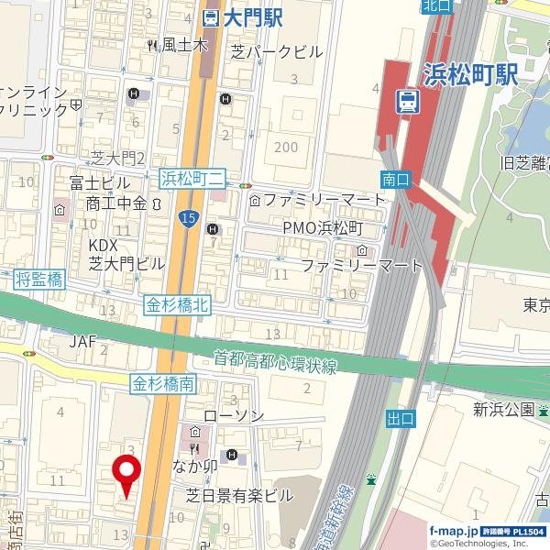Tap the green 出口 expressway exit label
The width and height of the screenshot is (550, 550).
click(401, 419)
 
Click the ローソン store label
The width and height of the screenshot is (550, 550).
click(233, 416)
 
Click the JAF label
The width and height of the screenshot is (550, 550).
click(82, 341)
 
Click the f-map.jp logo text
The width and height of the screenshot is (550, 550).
click(454, 531)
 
